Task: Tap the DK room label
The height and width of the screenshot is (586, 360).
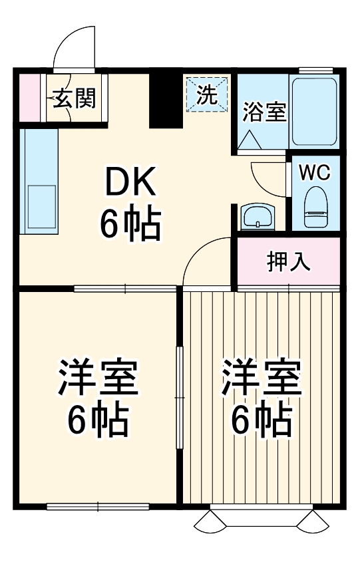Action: tap(130, 181)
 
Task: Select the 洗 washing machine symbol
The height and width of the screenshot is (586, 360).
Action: tap(207, 94)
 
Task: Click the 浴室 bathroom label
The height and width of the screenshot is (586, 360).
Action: tap(264, 112)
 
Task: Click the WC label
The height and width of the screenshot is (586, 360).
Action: tap(313, 172)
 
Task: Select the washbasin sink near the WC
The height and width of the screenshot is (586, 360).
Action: tap(257, 216)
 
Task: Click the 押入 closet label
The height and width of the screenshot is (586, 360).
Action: tap(289, 261)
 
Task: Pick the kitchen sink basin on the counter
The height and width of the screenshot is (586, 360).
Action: tap(41, 208)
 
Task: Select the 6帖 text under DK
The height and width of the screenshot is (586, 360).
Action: tap(130, 224)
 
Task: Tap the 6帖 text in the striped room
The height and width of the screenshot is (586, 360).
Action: tap(262, 420)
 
